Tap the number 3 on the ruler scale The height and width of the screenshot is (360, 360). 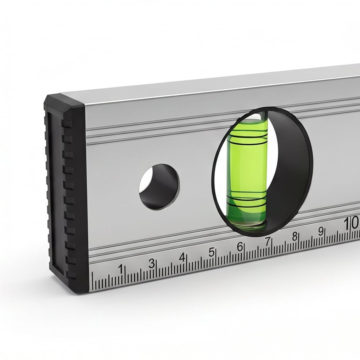coord(151,263)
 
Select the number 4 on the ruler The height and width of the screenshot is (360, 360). coord(182,257)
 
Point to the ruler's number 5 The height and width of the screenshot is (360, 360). coord(211,252)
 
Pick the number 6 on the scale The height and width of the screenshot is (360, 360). coord(240,247)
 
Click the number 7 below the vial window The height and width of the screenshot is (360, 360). coord(268,241)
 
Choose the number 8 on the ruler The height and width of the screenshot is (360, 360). coord(294,236)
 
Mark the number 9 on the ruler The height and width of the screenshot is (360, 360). coord(321,231)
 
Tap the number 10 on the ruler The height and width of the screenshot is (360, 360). coord(351,223)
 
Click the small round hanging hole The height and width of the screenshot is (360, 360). coord(159,186)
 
